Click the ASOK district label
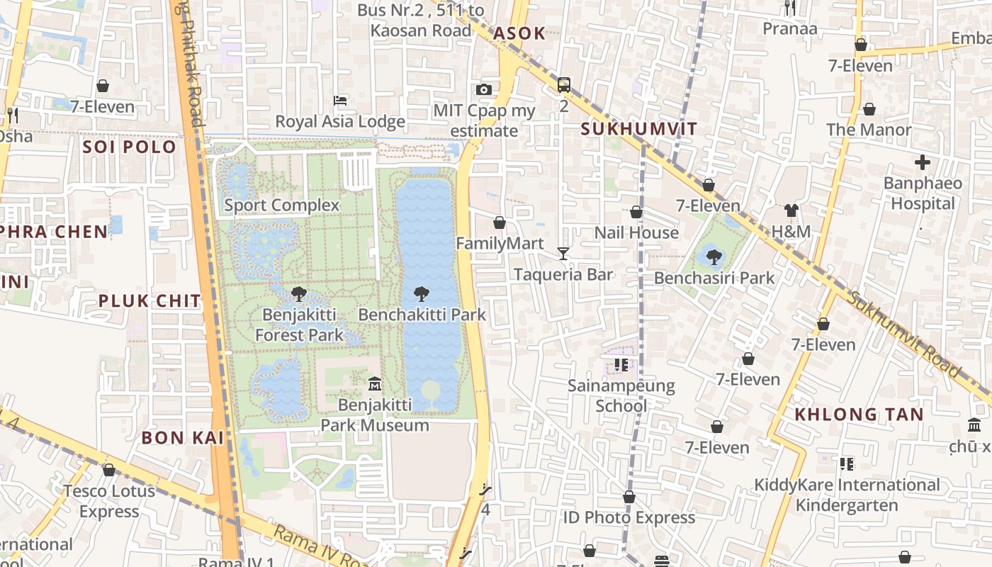(x=519, y=33)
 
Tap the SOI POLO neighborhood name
(x=129, y=147)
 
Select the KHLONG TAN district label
(x=859, y=415)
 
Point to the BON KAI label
(x=183, y=438)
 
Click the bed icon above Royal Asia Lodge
(x=340, y=101)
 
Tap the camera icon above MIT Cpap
(x=484, y=89)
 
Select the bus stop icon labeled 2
(x=564, y=85)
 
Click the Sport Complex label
(x=282, y=206)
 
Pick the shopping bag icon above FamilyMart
(x=500, y=223)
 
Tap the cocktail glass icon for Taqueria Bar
(x=563, y=253)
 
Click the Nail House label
(x=636, y=232)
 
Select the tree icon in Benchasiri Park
(x=714, y=257)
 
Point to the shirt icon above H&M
(x=791, y=210)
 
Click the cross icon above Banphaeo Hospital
(x=922, y=162)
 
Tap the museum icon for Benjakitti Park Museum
(x=375, y=384)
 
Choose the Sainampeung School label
(x=621, y=396)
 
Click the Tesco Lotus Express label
(x=109, y=501)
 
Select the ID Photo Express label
(x=629, y=517)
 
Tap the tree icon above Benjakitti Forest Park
(x=299, y=293)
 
